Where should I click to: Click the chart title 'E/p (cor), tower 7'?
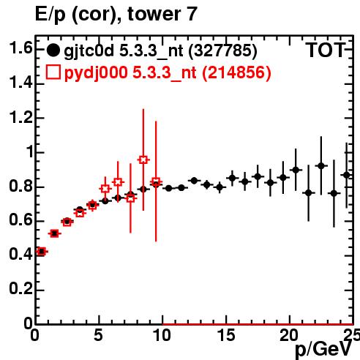116,14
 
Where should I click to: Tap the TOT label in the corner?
326,50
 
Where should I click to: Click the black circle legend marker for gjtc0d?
53,50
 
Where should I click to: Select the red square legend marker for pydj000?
53,72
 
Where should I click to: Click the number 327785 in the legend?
223,50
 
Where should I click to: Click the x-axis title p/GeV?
323,349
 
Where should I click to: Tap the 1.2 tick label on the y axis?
20,118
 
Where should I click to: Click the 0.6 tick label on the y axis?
20,220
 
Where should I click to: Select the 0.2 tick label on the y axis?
20,289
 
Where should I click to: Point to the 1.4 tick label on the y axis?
20,83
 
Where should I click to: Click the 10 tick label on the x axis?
162,335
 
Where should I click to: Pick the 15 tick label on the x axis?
226,335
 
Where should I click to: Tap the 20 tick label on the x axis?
289,335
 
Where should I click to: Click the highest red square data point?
143,160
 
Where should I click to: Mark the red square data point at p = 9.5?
156,182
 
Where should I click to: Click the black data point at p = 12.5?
194,181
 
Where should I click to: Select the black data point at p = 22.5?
321,166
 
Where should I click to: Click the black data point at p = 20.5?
296,170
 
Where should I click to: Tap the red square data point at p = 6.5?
118,182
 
